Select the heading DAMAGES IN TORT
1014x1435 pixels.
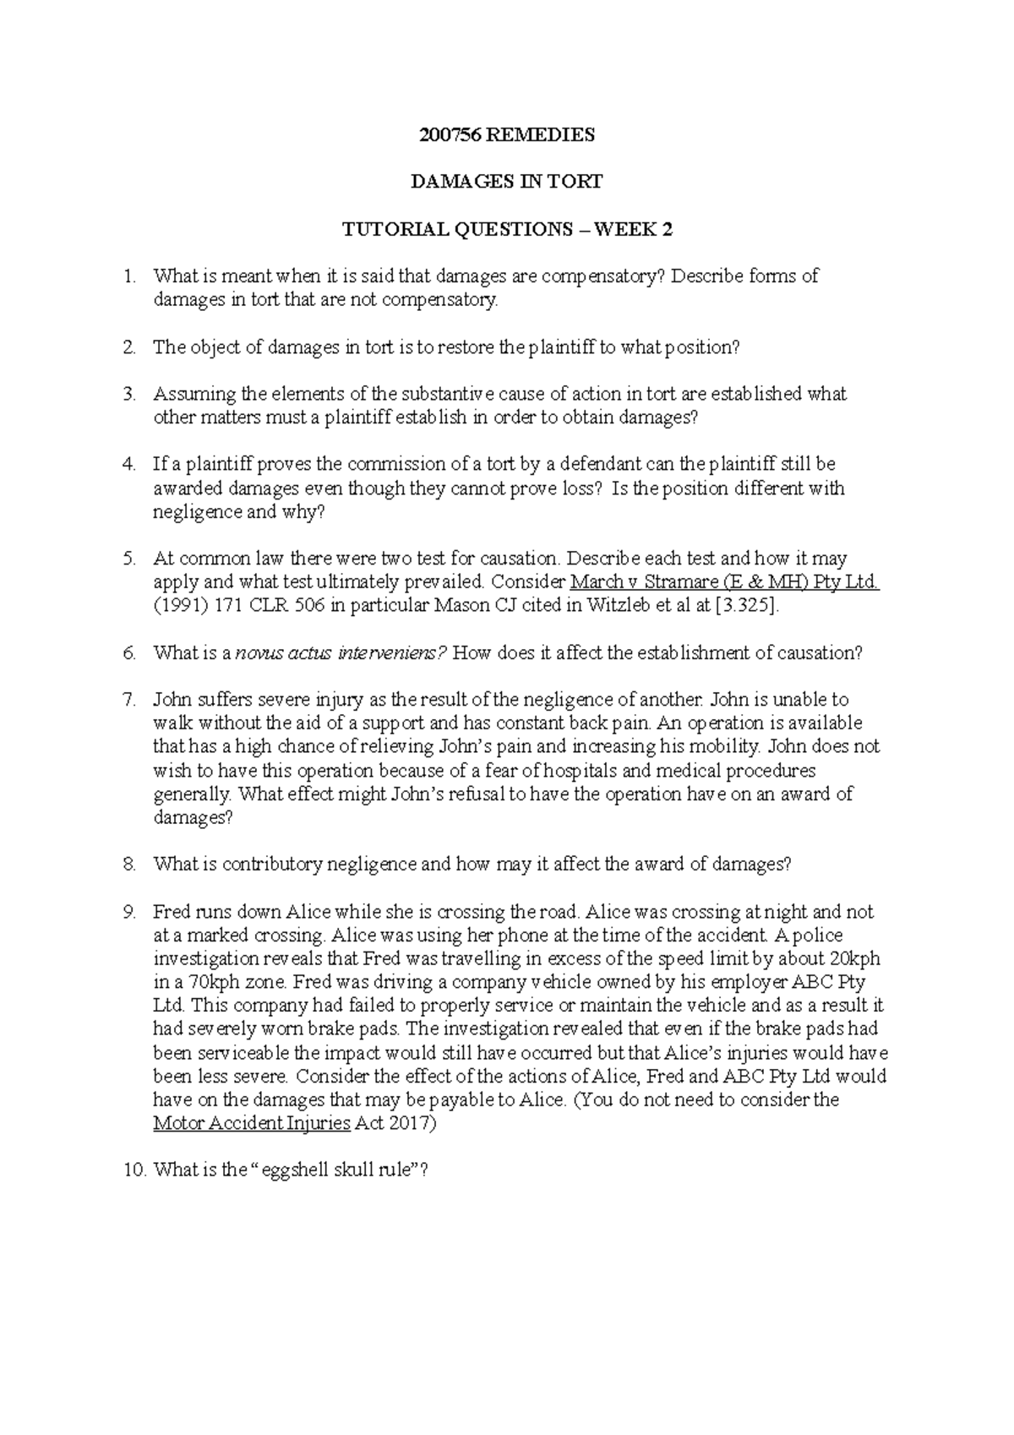(x=506, y=181)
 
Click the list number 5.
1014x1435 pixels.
(x=128, y=559)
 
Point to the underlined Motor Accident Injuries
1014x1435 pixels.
(x=251, y=1124)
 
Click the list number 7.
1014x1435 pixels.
(x=128, y=700)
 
